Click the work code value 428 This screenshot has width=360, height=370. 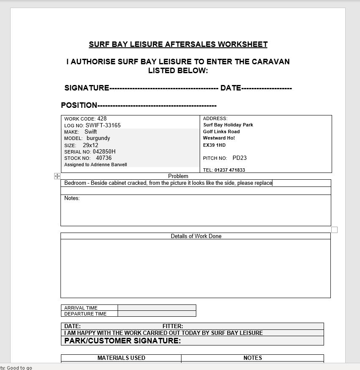102,119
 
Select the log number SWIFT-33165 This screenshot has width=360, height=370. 103,125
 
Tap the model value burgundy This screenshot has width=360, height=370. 98,138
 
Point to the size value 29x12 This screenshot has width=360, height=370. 91,145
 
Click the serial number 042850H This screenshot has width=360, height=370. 104,151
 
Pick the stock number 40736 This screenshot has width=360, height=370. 104,158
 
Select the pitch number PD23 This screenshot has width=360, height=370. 239,158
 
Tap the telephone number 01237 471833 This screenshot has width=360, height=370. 230,170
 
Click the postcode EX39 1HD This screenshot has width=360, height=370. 214,145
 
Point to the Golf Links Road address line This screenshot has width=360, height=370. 221,132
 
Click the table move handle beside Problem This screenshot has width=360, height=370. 57,176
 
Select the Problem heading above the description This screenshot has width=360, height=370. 178,176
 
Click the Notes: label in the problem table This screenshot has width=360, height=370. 72,198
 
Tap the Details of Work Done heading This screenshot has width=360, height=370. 196,236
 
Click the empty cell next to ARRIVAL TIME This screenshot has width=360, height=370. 157,308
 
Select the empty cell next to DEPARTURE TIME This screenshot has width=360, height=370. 157,314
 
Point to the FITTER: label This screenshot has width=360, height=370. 173,326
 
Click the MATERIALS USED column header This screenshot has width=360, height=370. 121,358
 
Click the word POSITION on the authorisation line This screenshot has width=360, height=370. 79,105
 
